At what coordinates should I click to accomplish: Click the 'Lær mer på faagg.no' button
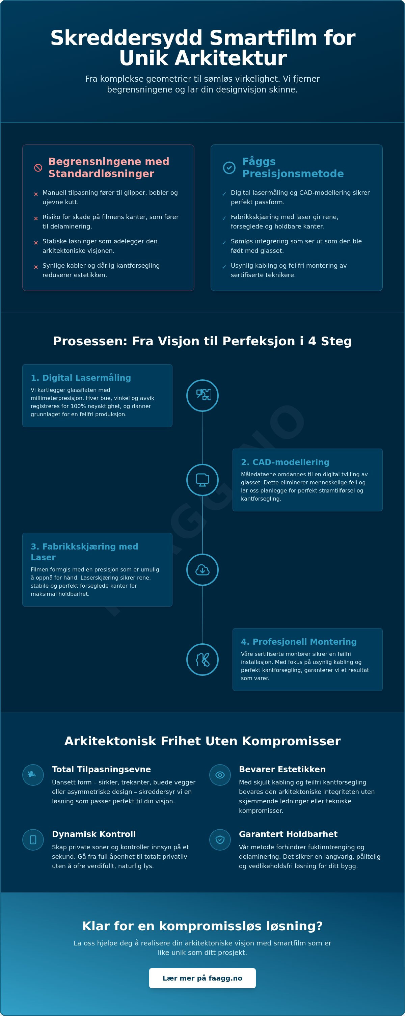pos(202,978)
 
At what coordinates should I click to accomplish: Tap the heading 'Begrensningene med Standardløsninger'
pos(109,168)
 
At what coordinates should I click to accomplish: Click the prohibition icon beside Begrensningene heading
pos(38,168)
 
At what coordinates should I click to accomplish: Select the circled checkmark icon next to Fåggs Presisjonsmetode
pos(229,168)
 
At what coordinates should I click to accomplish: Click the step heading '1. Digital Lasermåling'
pos(81,378)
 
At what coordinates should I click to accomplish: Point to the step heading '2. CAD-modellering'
pos(285,462)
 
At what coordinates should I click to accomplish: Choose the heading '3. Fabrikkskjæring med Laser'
pos(84,552)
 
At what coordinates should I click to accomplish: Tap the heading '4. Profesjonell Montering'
pos(299,642)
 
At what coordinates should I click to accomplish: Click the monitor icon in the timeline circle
pos(202,480)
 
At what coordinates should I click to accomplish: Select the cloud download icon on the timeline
pos(202,569)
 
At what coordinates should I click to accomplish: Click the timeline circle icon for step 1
pos(202,395)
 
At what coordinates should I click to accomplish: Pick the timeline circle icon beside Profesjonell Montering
pos(202,660)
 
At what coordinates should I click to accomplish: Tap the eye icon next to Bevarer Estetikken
pos(220,775)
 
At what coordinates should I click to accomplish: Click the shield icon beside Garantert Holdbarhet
pos(220,840)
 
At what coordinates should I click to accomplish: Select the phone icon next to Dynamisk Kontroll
pos(33,840)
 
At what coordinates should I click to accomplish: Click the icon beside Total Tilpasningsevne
pos(33,775)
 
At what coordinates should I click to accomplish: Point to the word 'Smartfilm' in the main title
pos(264,38)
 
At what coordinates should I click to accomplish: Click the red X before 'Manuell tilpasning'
pos(36,194)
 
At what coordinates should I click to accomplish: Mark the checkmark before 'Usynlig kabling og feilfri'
pos(224,267)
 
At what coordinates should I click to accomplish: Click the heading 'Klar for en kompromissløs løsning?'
pos(202,926)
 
